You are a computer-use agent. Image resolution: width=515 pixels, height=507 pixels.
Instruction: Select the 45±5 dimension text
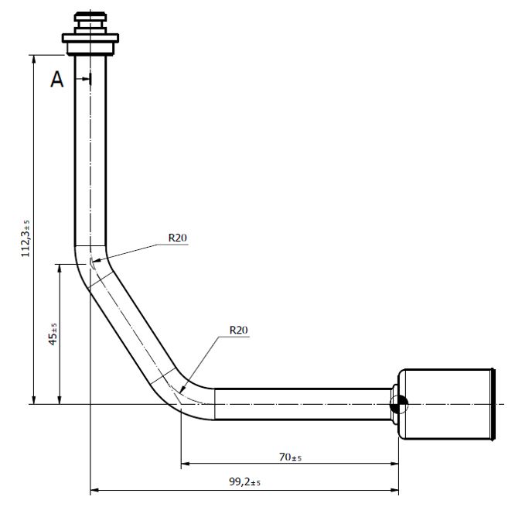coord(53,335)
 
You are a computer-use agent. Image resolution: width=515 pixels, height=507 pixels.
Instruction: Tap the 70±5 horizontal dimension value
coord(290,457)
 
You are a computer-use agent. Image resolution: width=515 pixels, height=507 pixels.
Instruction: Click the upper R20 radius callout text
coord(178,238)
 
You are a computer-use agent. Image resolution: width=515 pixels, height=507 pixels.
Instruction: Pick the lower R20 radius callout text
coord(238,331)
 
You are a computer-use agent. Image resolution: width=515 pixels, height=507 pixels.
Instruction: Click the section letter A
coord(57,79)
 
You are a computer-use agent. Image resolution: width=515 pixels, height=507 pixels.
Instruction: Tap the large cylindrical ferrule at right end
coord(447,405)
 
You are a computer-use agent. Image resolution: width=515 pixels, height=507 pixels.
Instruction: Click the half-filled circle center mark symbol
coord(399,403)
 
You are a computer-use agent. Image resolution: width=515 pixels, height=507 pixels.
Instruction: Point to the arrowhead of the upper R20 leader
coord(94,260)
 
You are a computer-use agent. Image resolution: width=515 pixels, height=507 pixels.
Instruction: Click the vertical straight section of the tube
coord(90,155)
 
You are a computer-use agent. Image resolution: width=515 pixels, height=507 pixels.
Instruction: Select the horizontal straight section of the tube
coord(302,403)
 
